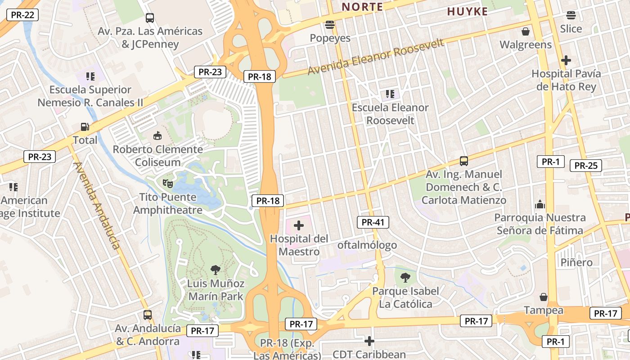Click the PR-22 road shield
(22, 15)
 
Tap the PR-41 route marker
(373, 222)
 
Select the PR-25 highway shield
(585, 166)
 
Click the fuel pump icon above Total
(85, 127)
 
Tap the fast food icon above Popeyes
(330, 25)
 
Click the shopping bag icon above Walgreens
(525, 31)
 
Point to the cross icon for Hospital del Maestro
(299, 225)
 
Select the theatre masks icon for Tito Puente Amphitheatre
(168, 184)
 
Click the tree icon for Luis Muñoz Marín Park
(216, 270)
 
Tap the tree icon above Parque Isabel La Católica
(405, 277)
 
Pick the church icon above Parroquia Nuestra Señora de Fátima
(540, 205)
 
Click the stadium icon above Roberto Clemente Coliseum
(157, 136)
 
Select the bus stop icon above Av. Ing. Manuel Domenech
(463, 161)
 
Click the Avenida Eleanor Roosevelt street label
(376, 57)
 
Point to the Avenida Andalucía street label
(97, 205)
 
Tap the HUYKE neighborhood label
(467, 12)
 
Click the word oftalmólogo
(367, 245)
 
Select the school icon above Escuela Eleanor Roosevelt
(390, 94)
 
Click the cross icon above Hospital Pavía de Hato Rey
(566, 60)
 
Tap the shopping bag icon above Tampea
(544, 297)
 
